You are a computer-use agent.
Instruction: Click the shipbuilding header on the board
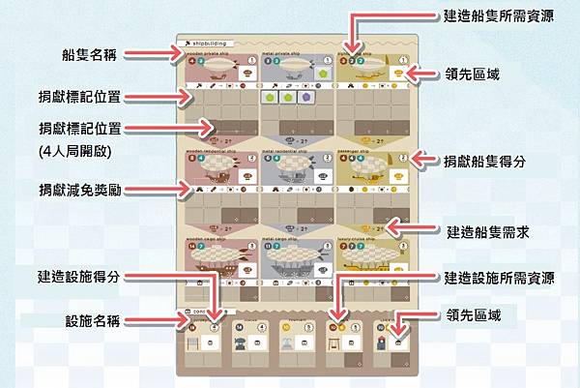(207, 45)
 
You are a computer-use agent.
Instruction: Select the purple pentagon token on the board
(306, 98)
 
